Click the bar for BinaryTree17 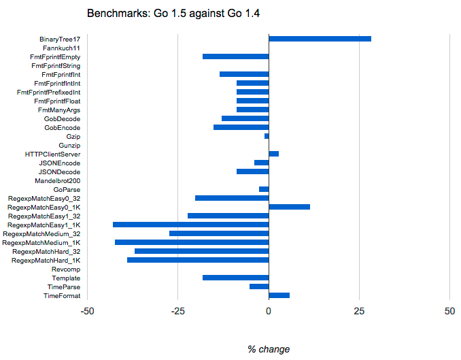(x=320, y=39)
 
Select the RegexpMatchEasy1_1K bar (x=191, y=225)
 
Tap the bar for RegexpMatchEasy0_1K (x=289, y=207)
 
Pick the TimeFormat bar (x=279, y=295)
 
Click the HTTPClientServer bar (x=273, y=154)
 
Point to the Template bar (x=236, y=278)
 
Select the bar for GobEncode (x=241, y=127)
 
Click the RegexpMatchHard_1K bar (x=198, y=260)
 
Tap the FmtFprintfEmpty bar (x=236, y=56)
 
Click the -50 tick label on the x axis (x=87, y=311)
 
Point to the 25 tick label (x=359, y=311)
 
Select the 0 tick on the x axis (x=269, y=311)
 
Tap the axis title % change (x=269, y=349)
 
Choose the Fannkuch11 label (x=61, y=48)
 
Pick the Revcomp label (x=66, y=269)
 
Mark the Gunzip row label (x=69, y=146)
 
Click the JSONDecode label (x=59, y=172)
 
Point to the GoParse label (x=67, y=190)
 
